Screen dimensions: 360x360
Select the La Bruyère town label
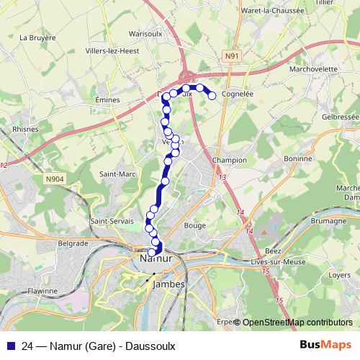(x=39, y=37)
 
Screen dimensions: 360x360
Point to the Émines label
(x=107, y=100)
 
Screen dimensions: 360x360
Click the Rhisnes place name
(x=16, y=130)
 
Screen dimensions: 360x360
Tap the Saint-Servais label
(x=110, y=221)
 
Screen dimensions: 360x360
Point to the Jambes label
(x=168, y=284)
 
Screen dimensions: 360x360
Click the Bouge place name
(x=195, y=225)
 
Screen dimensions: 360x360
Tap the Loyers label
(x=340, y=274)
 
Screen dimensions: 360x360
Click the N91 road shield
(x=231, y=55)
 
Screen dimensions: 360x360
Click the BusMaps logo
(x=325, y=346)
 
